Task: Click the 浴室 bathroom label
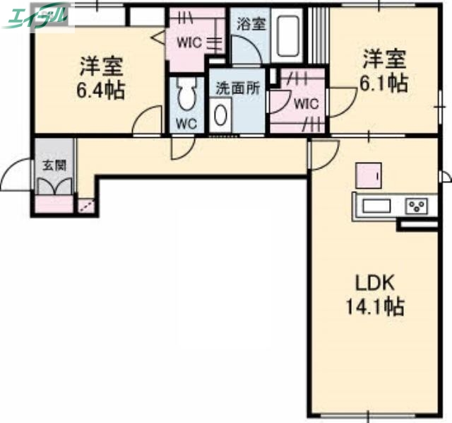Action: coord(251,23)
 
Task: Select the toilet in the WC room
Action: coord(186,95)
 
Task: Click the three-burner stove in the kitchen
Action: coord(415,206)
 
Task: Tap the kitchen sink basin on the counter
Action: coord(376,206)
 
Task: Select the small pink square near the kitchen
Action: coord(368,174)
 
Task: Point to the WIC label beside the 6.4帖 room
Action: coord(189,42)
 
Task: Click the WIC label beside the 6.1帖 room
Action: coord(307,103)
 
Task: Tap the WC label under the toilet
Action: coord(186,123)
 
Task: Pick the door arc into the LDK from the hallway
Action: coord(323,152)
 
